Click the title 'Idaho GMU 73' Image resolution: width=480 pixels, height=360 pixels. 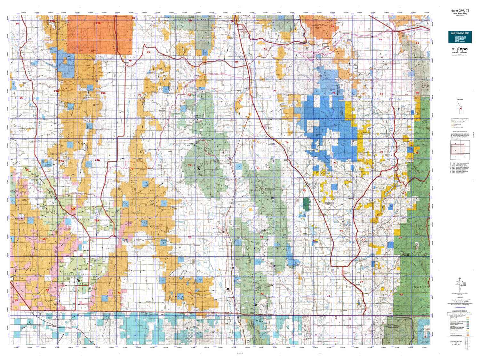[460, 11]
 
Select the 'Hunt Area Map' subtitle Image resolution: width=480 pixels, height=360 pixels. [460, 13]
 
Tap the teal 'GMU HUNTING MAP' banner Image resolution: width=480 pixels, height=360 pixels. [460, 33]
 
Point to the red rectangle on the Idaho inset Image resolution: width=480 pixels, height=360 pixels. [461, 109]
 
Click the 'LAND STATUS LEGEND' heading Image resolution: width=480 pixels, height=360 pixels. [459, 311]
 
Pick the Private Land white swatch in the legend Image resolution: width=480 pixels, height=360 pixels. [468, 333]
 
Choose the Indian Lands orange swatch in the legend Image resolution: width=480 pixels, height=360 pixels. [468, 335]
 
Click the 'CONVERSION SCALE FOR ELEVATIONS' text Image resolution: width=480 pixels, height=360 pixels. [459, 343]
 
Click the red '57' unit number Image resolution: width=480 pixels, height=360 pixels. [17, 300]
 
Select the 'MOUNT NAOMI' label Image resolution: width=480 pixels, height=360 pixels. [397, 340]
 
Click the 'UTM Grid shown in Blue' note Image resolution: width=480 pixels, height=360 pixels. [460, 307]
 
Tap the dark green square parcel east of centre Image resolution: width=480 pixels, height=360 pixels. [306, 203]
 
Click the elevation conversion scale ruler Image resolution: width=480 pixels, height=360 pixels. [460, 349]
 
